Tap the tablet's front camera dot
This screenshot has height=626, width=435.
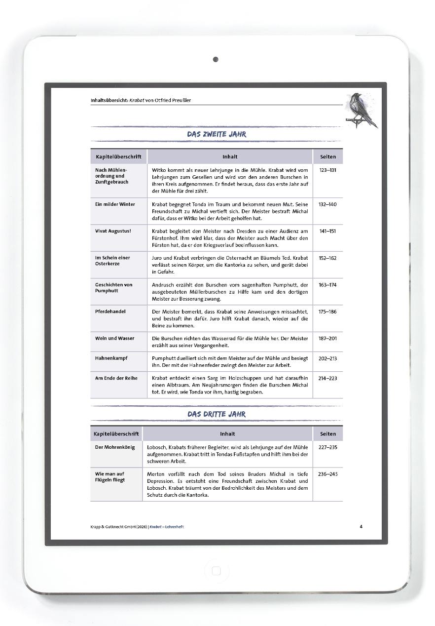(216, 60)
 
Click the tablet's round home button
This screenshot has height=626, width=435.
(216, 571)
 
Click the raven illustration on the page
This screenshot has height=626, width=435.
(362, 109)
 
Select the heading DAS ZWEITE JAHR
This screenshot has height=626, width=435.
(217, 134)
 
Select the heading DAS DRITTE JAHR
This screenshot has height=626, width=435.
(217, 414)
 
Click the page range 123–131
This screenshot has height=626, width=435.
(327, 170)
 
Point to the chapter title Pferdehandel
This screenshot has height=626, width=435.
(111, 312)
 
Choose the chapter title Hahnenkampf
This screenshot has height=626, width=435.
(111, 358)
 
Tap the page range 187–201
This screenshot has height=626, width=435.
(327, 338)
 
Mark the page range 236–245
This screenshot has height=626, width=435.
(327, 474)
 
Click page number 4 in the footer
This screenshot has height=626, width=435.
(361, 527)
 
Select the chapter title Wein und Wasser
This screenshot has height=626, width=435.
(115, 338)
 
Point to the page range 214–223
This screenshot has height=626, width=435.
(327, 378)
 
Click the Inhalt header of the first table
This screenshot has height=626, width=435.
(230, 156)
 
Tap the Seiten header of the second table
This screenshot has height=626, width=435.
(327, 434)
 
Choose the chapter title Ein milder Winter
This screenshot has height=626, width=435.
(115, 204)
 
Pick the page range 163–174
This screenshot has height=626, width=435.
(327, 285)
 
